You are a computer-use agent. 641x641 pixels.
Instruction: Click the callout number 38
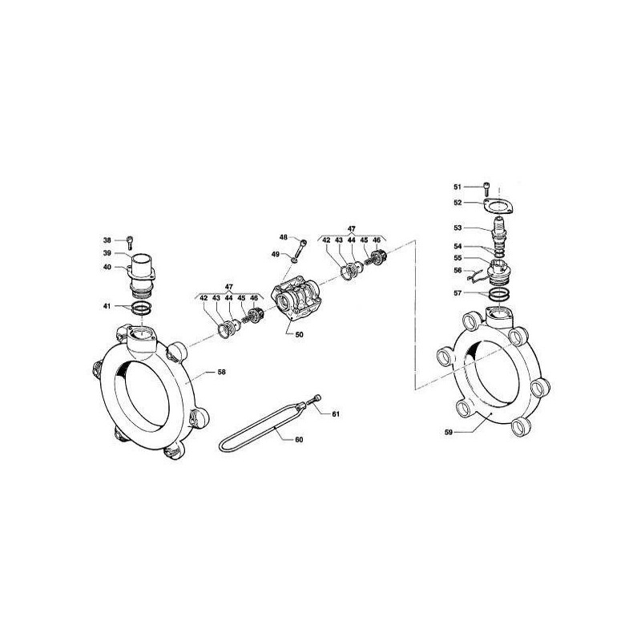107,240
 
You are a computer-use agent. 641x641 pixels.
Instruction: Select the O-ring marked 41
142,308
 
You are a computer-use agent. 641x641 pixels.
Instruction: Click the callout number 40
107,268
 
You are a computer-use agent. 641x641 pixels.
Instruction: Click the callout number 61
337,414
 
